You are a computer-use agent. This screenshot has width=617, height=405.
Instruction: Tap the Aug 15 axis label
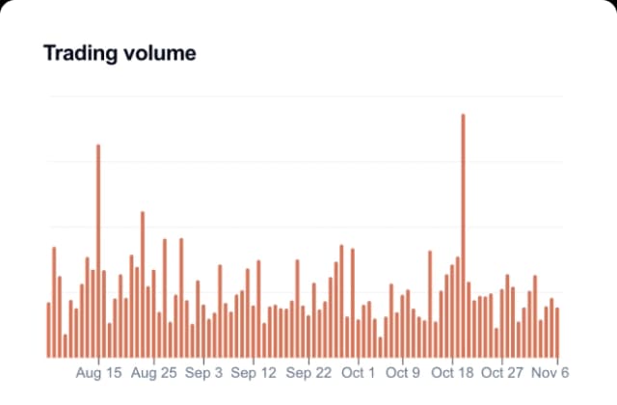coord(98,372)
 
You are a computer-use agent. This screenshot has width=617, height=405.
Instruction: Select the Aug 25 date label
coord(153,372)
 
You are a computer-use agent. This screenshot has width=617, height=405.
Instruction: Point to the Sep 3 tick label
coord(203,372)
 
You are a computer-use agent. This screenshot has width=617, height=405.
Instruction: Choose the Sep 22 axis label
coord(308,372)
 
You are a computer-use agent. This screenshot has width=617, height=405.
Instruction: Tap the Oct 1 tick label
coord(359,372)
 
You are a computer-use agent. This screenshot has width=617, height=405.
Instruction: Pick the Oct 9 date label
coord(403,372)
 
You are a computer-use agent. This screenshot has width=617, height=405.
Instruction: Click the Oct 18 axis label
coord(453,372)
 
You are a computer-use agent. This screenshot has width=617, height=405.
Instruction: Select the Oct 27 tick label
coord(502,372)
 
